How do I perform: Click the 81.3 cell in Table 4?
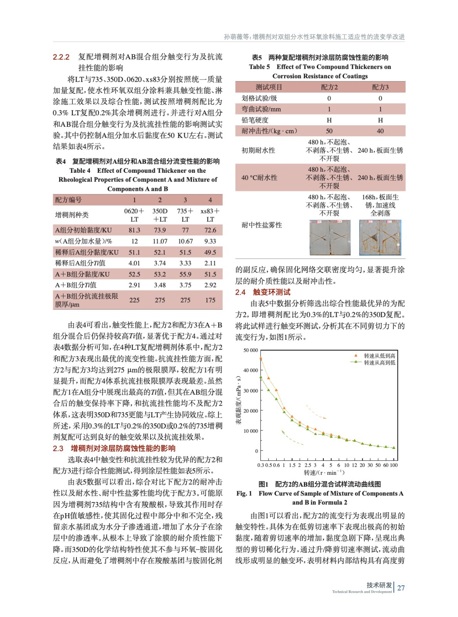pos(134,230)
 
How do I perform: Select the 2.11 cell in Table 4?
pos(210,263)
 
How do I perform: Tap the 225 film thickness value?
pos(134,300)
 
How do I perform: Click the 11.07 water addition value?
pos(160,241)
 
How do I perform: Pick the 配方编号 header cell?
pos(69,200)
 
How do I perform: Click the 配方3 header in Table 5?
pos(380,87)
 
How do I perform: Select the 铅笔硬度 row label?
pos(255,120)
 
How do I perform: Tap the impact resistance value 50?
pos(329,131)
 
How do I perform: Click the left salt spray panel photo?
pos(330,238)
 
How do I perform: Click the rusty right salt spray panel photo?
pos(380,238)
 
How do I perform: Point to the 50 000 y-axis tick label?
pos(250,350)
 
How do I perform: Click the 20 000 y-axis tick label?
pos(250,411)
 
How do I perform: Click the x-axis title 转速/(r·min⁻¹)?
pos(324,473)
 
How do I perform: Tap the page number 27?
pos(401,588)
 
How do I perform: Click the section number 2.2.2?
pos(61,57)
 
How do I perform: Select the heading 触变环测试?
pos(272,292)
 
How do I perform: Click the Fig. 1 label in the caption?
pos(244,494)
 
